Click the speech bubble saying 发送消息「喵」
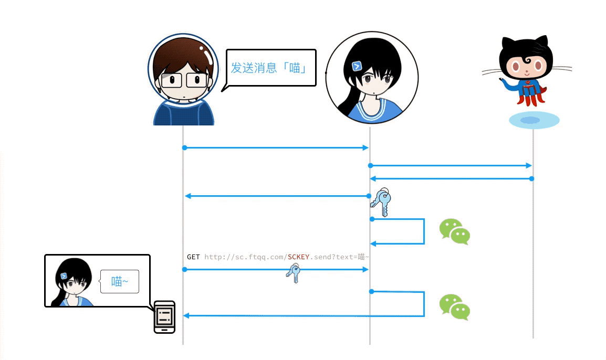[x=270, y=68]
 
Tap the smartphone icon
[x=164, y=317]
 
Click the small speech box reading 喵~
[x=120, y=282]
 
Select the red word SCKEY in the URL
[x=298, y=257]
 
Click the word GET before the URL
[x=193, y=257]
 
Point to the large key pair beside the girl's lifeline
[x=381, y=202]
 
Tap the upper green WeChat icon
[x=454, y=231]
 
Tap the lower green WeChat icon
[x=454, y=307]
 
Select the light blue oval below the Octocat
[x=534, y=120]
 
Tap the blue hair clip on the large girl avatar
[x=357, y=66]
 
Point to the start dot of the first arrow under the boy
[x=184, y=148]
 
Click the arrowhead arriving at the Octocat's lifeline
[x=529, y=166]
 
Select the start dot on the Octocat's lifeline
[x=531, y=179]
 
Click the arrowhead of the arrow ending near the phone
[x=186, y=315]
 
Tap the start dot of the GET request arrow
[x=184, y=269]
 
